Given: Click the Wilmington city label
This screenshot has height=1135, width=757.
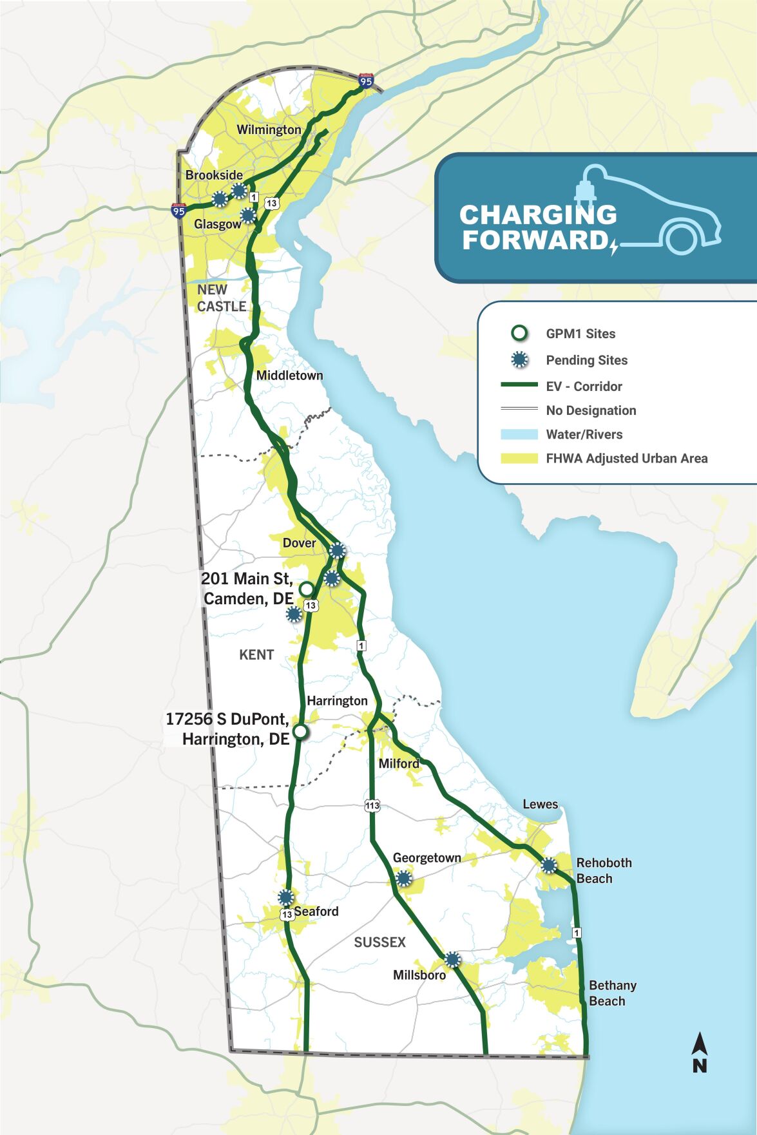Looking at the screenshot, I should [269, 129].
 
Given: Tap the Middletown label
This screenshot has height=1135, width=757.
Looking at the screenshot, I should [289, 376].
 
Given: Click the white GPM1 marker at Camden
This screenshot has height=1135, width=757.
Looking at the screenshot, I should [307, 589].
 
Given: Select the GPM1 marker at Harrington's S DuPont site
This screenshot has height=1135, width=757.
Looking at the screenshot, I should [300, 732].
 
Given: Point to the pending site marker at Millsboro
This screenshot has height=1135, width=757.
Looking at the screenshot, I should [453, 960].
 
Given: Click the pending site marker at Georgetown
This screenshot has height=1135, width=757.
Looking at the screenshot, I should [403, 878].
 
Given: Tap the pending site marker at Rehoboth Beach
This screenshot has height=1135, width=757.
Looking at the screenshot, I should [549, 865].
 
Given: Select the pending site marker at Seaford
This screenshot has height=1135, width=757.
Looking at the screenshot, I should [286, 897].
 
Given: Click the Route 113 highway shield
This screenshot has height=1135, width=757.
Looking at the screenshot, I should [372, 805].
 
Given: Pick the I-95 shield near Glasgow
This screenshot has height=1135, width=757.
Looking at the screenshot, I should [178, 210].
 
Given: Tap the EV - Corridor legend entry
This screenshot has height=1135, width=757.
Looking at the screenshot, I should [584, 386].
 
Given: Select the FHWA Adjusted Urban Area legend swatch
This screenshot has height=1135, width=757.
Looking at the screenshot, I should [519, 459].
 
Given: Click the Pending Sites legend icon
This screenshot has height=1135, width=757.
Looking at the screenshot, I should [519, 360].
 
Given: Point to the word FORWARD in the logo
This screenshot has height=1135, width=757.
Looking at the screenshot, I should [535, 240].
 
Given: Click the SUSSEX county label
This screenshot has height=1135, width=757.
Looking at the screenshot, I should [380, 942].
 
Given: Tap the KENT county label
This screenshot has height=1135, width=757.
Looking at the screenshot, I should [256, 655].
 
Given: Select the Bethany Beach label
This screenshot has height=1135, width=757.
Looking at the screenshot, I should [611, 993].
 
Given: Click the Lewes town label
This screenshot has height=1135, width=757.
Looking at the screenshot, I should [540, 805].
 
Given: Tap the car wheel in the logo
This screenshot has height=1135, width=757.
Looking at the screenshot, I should [682, 238].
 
